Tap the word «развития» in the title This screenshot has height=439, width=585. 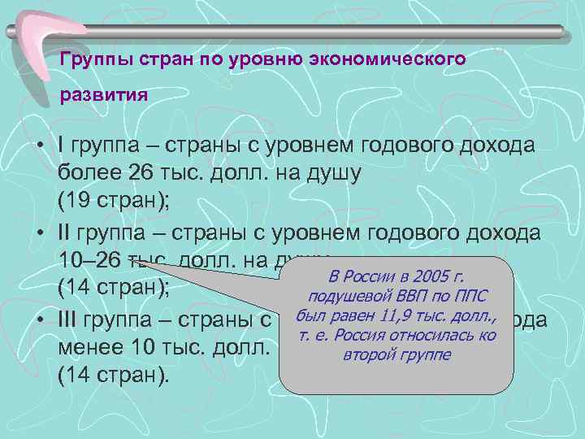coord(104,93)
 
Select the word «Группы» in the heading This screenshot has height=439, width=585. coord(90,59)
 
